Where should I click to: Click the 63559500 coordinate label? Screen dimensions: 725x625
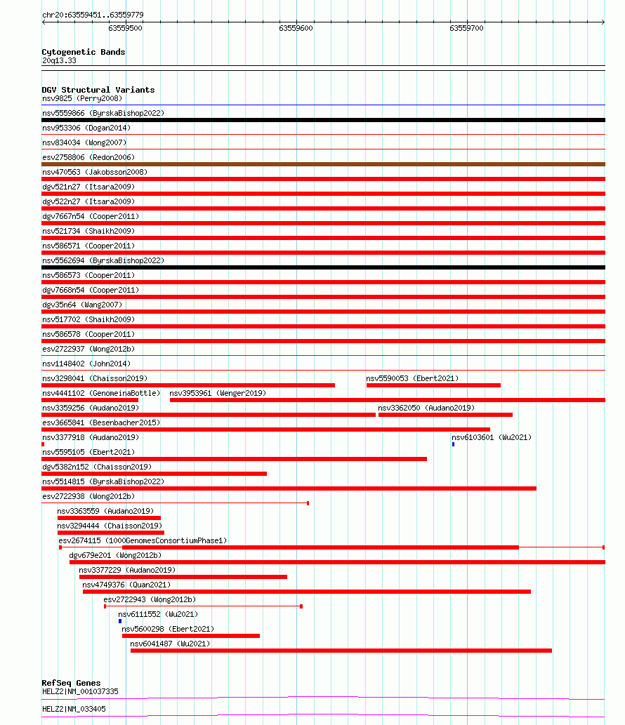126,29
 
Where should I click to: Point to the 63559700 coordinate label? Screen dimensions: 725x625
466,29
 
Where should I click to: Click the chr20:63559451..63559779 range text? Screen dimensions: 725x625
93,15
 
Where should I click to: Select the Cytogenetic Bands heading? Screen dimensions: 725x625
83,52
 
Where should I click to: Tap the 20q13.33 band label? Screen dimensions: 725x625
59,60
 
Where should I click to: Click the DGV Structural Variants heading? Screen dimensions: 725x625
98,90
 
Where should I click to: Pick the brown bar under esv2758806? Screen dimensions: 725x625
323,164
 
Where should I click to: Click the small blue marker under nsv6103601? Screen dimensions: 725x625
453,444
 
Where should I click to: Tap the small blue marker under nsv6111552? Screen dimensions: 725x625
120,621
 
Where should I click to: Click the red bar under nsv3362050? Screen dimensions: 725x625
445,415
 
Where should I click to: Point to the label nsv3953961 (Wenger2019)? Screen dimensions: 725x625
218,393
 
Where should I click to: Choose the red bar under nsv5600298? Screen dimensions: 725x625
190,636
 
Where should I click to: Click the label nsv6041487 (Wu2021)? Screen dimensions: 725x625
170,644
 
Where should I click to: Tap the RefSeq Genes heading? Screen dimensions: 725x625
71,683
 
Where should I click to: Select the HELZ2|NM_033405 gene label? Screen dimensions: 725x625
74,709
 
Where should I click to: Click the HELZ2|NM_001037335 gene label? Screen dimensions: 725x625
80,691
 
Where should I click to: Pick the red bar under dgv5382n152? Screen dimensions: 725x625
154,474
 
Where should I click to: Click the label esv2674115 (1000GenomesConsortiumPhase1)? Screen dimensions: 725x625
143,540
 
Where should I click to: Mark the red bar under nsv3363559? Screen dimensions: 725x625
109,518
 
